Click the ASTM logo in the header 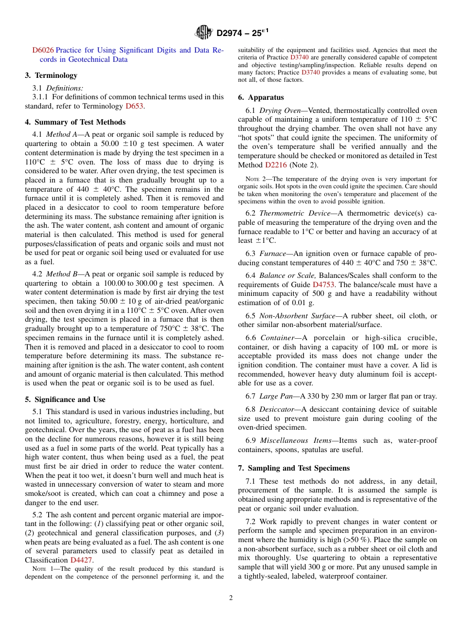click(204, 33)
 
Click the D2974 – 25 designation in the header click(242, 33)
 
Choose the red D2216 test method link click(276, 165)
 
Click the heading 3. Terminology click(51, 75)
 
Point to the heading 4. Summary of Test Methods click(75, 122)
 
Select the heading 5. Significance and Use click(65, 400)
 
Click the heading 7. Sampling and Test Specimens click(294, 468)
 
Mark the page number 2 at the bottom click(231, 598)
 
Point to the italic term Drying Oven click(280, 110)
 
